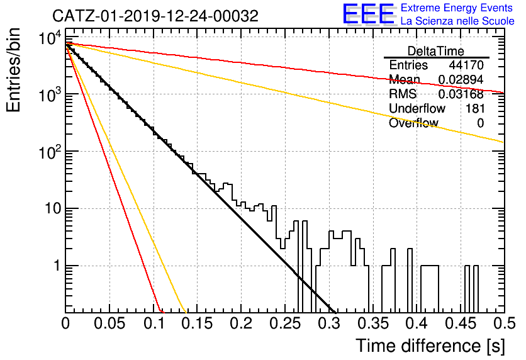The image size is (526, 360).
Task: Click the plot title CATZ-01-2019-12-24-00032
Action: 155,16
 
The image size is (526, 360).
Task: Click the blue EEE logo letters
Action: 369,14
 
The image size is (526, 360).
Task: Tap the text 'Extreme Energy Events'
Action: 457,8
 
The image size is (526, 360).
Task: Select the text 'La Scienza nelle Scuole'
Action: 457,21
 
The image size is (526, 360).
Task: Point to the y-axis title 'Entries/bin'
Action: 13,70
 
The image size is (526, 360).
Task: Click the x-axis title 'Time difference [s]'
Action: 430,346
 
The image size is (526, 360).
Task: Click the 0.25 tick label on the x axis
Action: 285,323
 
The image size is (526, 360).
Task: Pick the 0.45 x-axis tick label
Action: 461,323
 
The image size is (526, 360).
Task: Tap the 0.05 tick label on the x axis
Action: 109,323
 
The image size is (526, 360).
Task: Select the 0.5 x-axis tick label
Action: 504,323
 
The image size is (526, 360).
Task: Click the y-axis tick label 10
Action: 53,209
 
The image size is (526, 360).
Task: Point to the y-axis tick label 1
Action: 57,266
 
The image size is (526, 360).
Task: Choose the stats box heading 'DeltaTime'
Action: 436,51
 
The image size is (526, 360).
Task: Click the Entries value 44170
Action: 466,65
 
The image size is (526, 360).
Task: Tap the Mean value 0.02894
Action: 461,79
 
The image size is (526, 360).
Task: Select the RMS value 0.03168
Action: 461,94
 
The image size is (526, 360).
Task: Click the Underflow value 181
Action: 475,108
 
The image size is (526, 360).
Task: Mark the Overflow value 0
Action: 480,123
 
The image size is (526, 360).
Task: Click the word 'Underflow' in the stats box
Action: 417,108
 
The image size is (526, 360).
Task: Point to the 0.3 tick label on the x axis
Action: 328,323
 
